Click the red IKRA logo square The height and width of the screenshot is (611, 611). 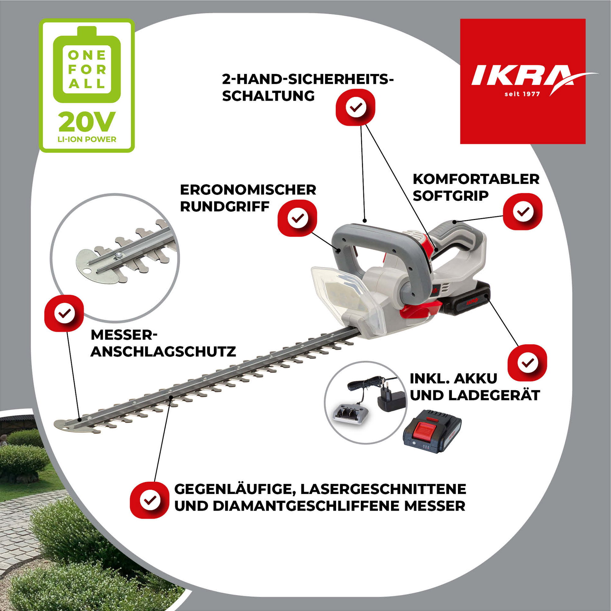pos(523,81)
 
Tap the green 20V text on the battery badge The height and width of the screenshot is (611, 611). pos(87,122)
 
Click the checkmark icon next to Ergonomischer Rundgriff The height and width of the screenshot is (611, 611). pos(297,218)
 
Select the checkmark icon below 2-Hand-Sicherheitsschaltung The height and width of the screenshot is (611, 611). pos(356,107)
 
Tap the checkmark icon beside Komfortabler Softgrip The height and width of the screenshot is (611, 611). pos(523,211)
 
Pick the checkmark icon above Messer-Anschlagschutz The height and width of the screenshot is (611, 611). pos(64,313)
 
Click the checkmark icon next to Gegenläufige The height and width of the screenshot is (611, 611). pos(150,500)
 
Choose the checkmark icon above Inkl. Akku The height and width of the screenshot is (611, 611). pos(527,363)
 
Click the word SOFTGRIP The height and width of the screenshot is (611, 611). pos(451,196)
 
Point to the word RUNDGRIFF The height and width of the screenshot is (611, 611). pos(224,206)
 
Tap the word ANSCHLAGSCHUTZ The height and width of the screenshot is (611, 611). pos(163,351)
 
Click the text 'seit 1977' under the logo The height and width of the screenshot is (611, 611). pos(522,94)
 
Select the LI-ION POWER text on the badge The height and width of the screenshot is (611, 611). pos(87,139)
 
